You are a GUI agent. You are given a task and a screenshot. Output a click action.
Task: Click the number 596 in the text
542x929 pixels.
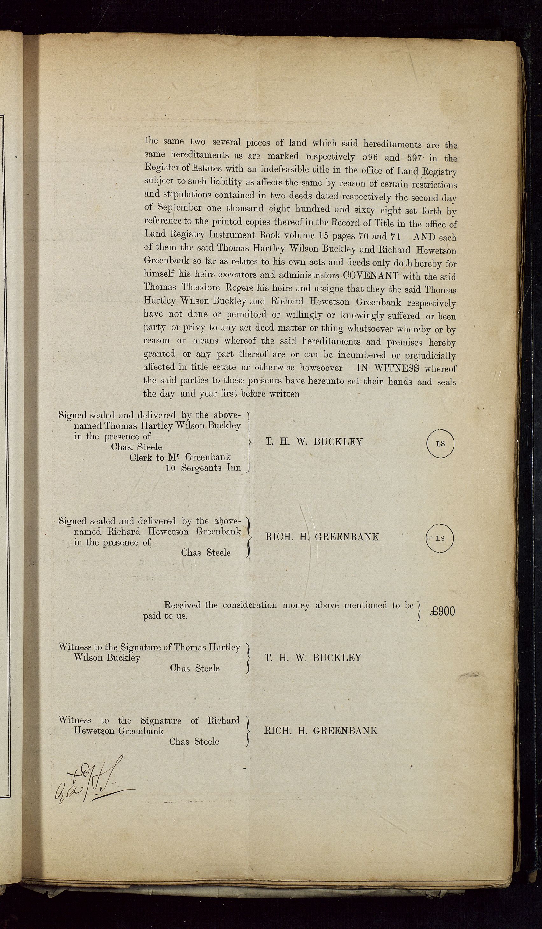(x=370, y=157)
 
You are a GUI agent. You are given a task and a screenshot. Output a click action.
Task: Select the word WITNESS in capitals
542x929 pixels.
(x=397, y=368)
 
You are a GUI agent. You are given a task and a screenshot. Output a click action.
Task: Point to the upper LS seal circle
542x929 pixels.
(x=440, y=444)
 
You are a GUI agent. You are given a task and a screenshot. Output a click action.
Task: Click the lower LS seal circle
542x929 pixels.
(x=440, y=538)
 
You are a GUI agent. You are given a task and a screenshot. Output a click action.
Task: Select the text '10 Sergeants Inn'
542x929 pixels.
(x=203, y=468)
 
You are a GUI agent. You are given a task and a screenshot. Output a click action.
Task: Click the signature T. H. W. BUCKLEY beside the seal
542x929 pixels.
(x=314, y=442)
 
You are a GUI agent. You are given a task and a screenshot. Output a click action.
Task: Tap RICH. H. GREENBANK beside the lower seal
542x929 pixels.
(x=322, y=537)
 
